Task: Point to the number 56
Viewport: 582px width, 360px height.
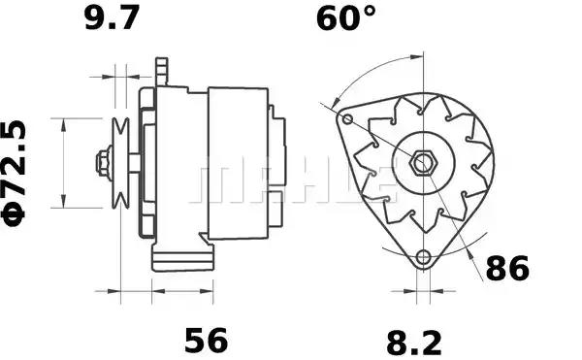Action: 206,340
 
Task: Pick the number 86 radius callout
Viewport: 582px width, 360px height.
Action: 506,269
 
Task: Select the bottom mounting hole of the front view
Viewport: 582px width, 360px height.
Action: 422,257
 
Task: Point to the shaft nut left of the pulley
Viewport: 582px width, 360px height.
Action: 102,163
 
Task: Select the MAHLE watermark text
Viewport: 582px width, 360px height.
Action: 291,181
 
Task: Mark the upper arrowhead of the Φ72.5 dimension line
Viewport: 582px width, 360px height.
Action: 64,123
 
